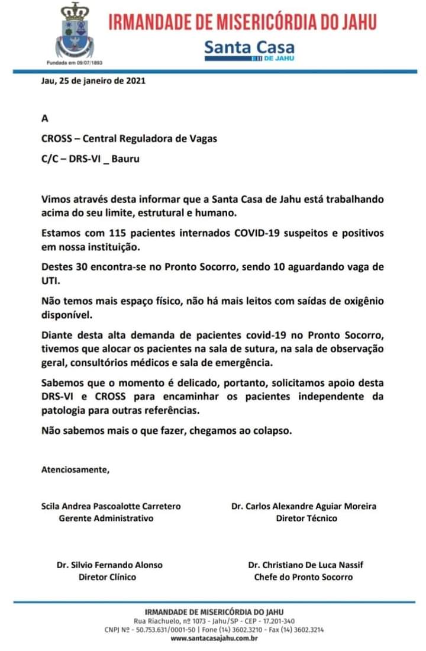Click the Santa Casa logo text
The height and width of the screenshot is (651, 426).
[x=249, y=47]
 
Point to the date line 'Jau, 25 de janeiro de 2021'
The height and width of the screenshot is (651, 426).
[x=93, y=81]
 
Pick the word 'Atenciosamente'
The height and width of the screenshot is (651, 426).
[x=75, y=470]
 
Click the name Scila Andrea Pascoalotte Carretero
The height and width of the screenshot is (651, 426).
[x=111, y=506]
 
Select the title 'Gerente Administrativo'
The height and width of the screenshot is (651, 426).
[x=106, y=518]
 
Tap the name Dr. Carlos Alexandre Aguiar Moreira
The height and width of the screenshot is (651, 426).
[x=304, y=506]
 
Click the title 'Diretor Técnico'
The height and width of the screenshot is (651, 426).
[x=306, y=518]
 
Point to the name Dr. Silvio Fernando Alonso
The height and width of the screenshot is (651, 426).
[x=109, y=565]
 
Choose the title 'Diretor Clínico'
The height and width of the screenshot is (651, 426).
[x=107, y=576]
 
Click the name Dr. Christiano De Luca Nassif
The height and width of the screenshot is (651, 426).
[x=305, y=565]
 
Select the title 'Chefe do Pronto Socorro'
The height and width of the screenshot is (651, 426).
[x=304, y=576]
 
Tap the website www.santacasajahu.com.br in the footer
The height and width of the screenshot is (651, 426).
[x=214, y=638]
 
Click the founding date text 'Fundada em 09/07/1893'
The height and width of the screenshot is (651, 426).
[x=74, y=62]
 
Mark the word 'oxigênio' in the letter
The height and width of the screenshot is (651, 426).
[x=361, y=302]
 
